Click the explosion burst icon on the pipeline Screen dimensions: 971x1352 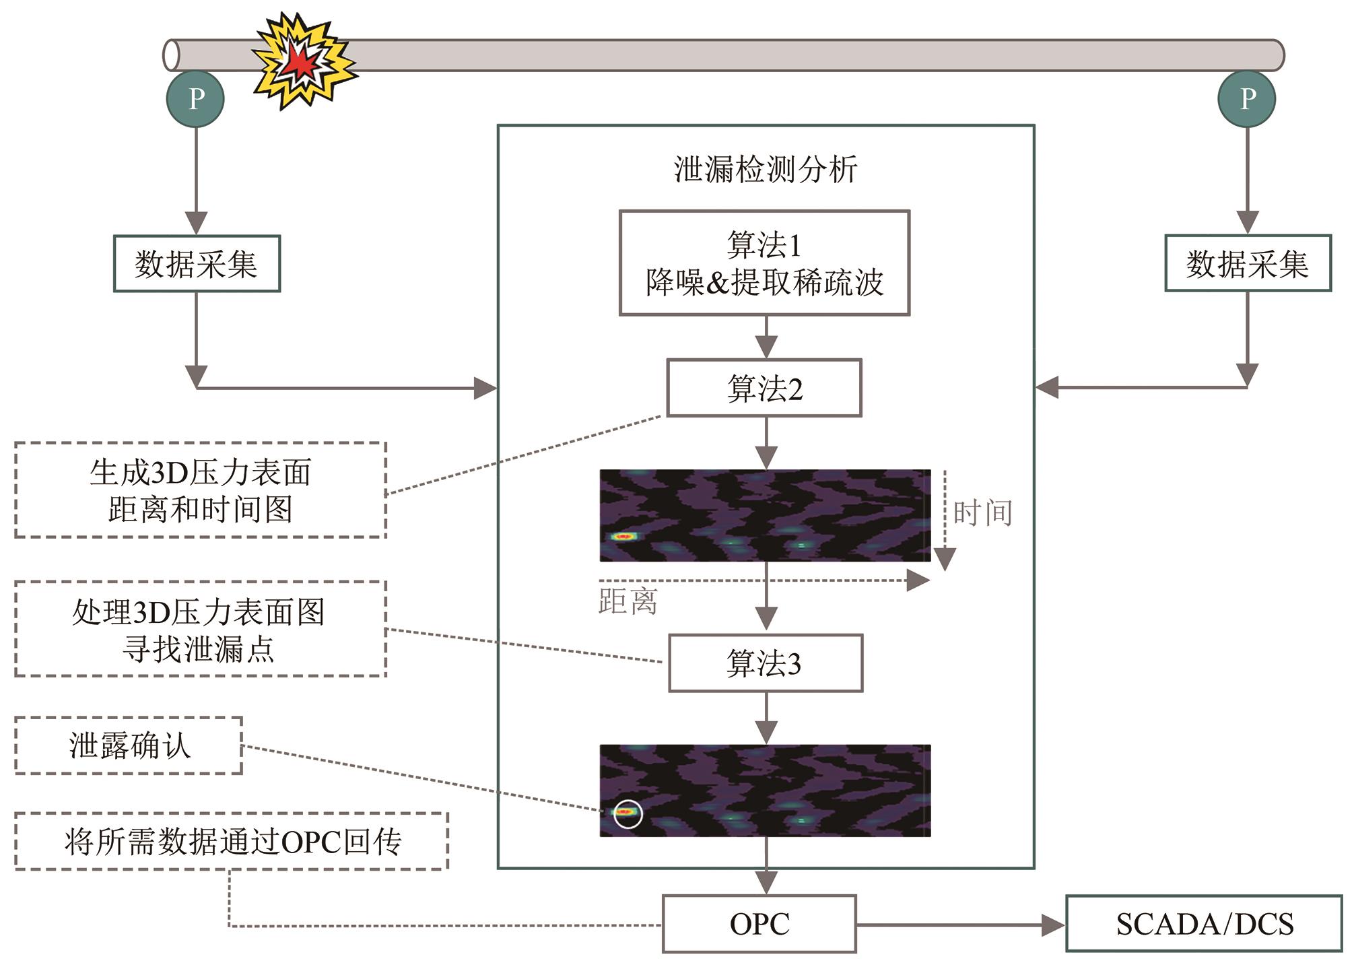pos(303,61)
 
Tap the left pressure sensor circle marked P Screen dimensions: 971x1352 pos(195,99)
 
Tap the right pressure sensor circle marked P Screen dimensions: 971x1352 pos(1247,99)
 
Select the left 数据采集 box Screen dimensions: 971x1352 pos(197,263)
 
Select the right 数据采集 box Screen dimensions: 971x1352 pos(1248,263)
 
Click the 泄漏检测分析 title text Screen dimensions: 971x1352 pos(766,169)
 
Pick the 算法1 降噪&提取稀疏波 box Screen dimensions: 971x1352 pos(764,263)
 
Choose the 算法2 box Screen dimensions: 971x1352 pos(764,388)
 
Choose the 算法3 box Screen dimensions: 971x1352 pos(766,663)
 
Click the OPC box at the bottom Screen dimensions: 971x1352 pos(759,924)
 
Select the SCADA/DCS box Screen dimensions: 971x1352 pos(1204,924)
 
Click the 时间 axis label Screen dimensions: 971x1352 pos(983,513)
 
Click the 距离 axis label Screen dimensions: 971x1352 pos(628,601)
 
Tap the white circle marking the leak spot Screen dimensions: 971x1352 pos(628,813)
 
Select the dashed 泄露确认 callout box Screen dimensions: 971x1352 pos(129,745)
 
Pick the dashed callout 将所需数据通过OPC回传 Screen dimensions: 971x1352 pos(232,842)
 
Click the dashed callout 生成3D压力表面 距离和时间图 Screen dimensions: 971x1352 pos(201,490)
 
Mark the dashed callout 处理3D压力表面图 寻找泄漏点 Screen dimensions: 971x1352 pos(201,629)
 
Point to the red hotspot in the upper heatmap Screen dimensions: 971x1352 pos(624,537)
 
